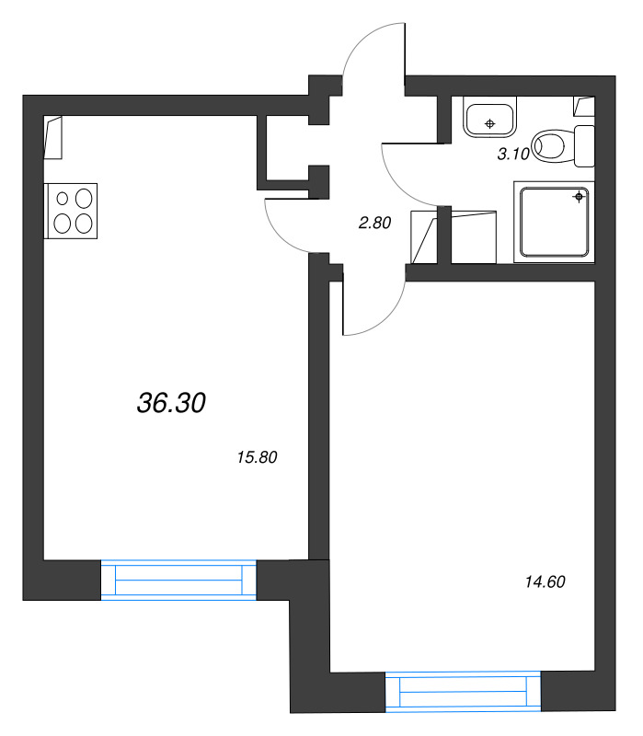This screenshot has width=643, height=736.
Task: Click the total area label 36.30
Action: (x=171, y=402)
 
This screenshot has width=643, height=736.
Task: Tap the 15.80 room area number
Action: (x=258, y=456)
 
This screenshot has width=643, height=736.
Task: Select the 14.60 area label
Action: (x=544, y=581)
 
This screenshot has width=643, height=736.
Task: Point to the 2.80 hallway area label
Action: (x=375, y=222)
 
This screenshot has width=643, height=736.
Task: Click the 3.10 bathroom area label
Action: (x=513, y=155)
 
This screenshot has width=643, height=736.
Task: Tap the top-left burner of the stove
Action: (x=63, y=198)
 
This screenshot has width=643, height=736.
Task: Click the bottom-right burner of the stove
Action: (x=84, y=222)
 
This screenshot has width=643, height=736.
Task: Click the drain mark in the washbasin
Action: (x=490, y=121)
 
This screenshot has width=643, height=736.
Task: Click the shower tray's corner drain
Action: (x=579, y=196)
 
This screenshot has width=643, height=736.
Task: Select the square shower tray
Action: (x=553, y=221)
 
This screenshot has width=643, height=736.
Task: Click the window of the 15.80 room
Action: (x=178, y=581)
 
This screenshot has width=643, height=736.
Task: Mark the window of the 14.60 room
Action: (x=463, y=692)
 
